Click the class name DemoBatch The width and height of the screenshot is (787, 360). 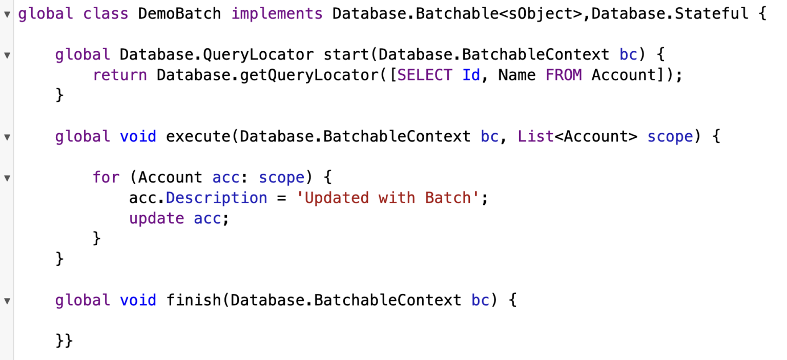coord(179,14)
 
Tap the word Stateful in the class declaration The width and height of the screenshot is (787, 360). coord(712,14)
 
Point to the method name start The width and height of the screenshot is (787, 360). coord(346,55)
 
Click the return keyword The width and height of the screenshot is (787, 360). coord(120,75)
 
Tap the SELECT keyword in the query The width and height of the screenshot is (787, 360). coord(425,75)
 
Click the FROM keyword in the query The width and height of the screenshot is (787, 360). coord(564,75)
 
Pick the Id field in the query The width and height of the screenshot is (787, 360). coord(471,75)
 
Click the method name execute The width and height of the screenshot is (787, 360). coord(198,137)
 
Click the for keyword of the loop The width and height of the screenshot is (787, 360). coord(106,177)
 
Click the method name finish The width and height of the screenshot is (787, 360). coord(194,300)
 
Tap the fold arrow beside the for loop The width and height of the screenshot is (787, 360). coord(7,178)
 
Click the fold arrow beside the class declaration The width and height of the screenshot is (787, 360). coord(7,14)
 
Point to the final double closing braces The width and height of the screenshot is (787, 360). coord(64,341)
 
